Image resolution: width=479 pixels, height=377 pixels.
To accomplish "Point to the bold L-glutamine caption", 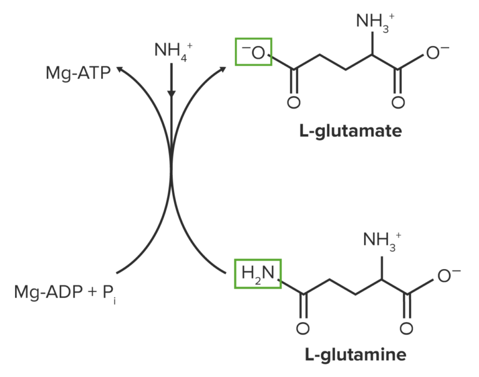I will tap(356, 355).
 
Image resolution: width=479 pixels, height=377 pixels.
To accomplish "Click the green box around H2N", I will tap(258, 273).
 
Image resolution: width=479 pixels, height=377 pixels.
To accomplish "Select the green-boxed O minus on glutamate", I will tap(253, 52).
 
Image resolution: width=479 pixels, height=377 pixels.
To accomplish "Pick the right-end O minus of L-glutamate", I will tap(438, 53).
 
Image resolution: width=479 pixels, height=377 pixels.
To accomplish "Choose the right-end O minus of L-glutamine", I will tap(448, 275).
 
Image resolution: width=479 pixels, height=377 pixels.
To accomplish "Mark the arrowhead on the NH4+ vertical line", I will tap(172, 94).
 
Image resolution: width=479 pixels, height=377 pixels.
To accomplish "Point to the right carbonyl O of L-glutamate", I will tap(397, 103).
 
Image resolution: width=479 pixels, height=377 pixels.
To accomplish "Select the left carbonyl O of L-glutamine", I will tap(304, 328).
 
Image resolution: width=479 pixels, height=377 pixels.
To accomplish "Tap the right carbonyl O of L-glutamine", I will tap(406, 328).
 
